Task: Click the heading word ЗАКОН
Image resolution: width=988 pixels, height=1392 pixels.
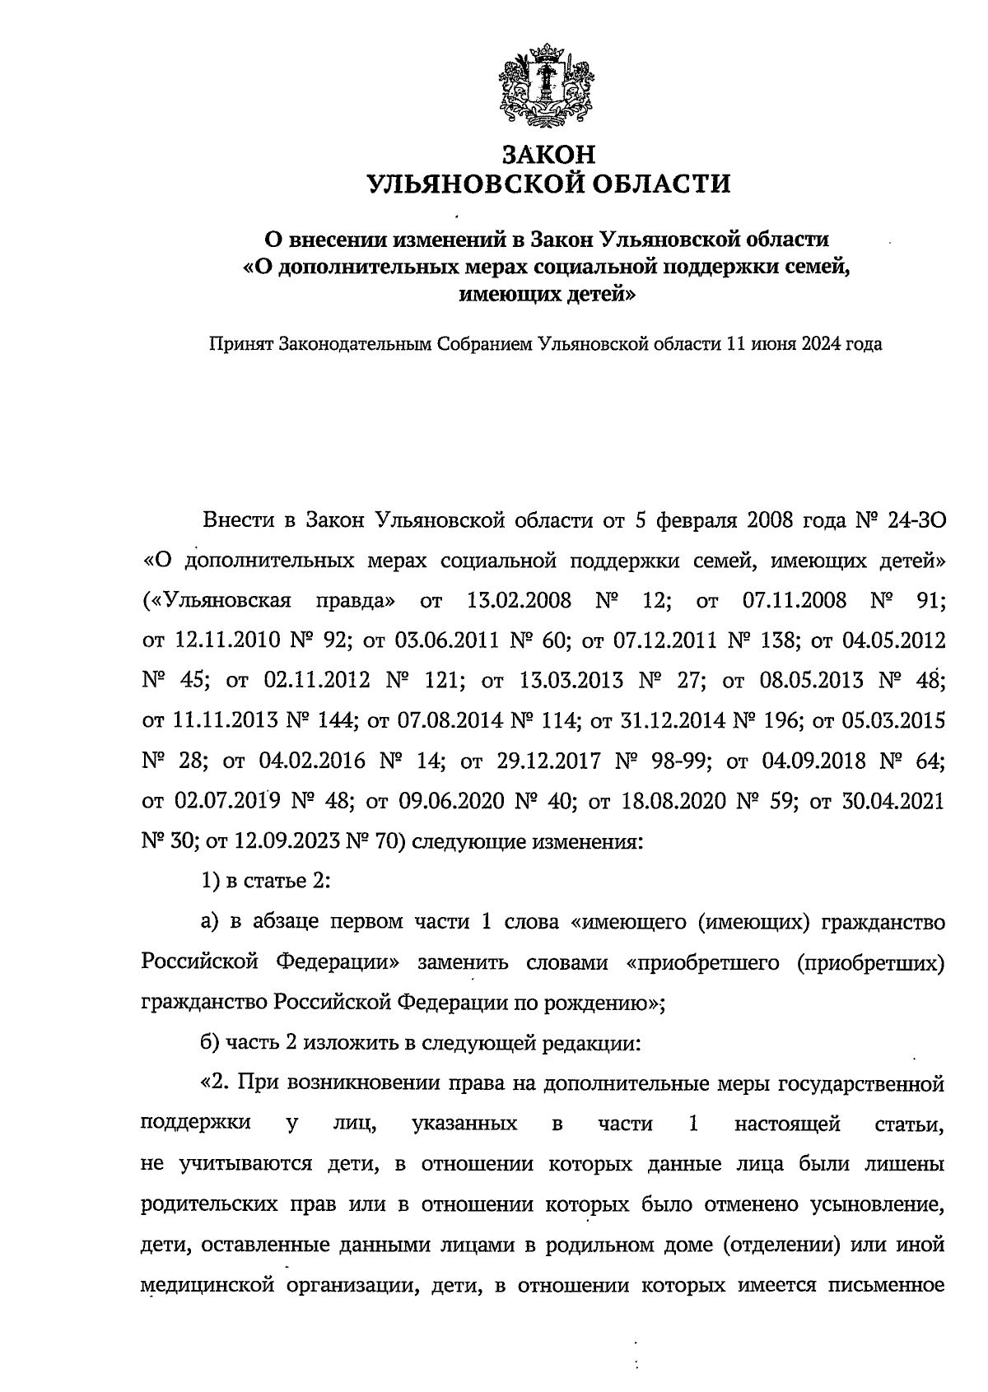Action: point(548,154)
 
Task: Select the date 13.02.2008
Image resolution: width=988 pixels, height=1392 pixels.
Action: point(519,600)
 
